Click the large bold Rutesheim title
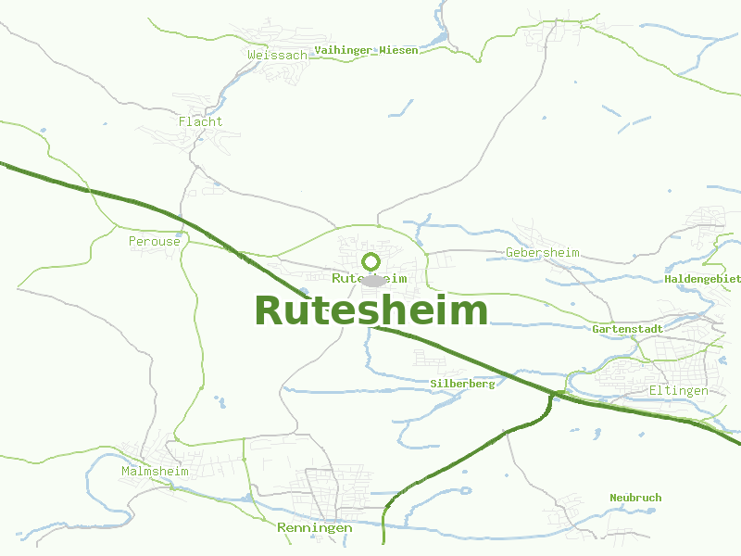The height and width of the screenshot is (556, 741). pyautogui.click(x=370, y=311)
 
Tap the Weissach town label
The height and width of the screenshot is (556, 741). pyautogui.click(x=277, y=56)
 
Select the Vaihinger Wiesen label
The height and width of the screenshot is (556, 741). pyautogui.click(x=366, y=50)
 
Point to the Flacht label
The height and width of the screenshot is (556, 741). pyautogui.click(x=200, y=121)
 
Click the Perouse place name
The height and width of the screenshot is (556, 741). pyautogui.click(x=154, y=242)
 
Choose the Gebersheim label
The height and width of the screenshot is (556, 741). pyautogui.click(x=543, y=253)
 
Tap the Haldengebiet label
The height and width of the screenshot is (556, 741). pyautogui.click(x=703, y=279)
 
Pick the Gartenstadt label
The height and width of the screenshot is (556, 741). pyautogui.click(x=627, y=329)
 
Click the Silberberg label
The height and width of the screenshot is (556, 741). pyautogui.click(x=462, y=384)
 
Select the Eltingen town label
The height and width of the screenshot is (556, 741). pyautogui.click(x=678, y=391)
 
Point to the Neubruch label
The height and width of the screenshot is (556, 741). pyautogui.click(x=635, y=498)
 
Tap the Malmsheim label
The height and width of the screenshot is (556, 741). pyautogui.click(x=155, y=472)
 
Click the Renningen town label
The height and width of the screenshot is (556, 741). pyautogui.click(x=315, y=528)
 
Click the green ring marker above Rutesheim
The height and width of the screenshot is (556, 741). pyautogui.click(x=371, y=261)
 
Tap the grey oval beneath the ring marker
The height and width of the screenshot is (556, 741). pyautogui.click(x=372, y=281)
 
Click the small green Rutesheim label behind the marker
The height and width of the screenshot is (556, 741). pyautogui.click(x=345, y=278)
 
